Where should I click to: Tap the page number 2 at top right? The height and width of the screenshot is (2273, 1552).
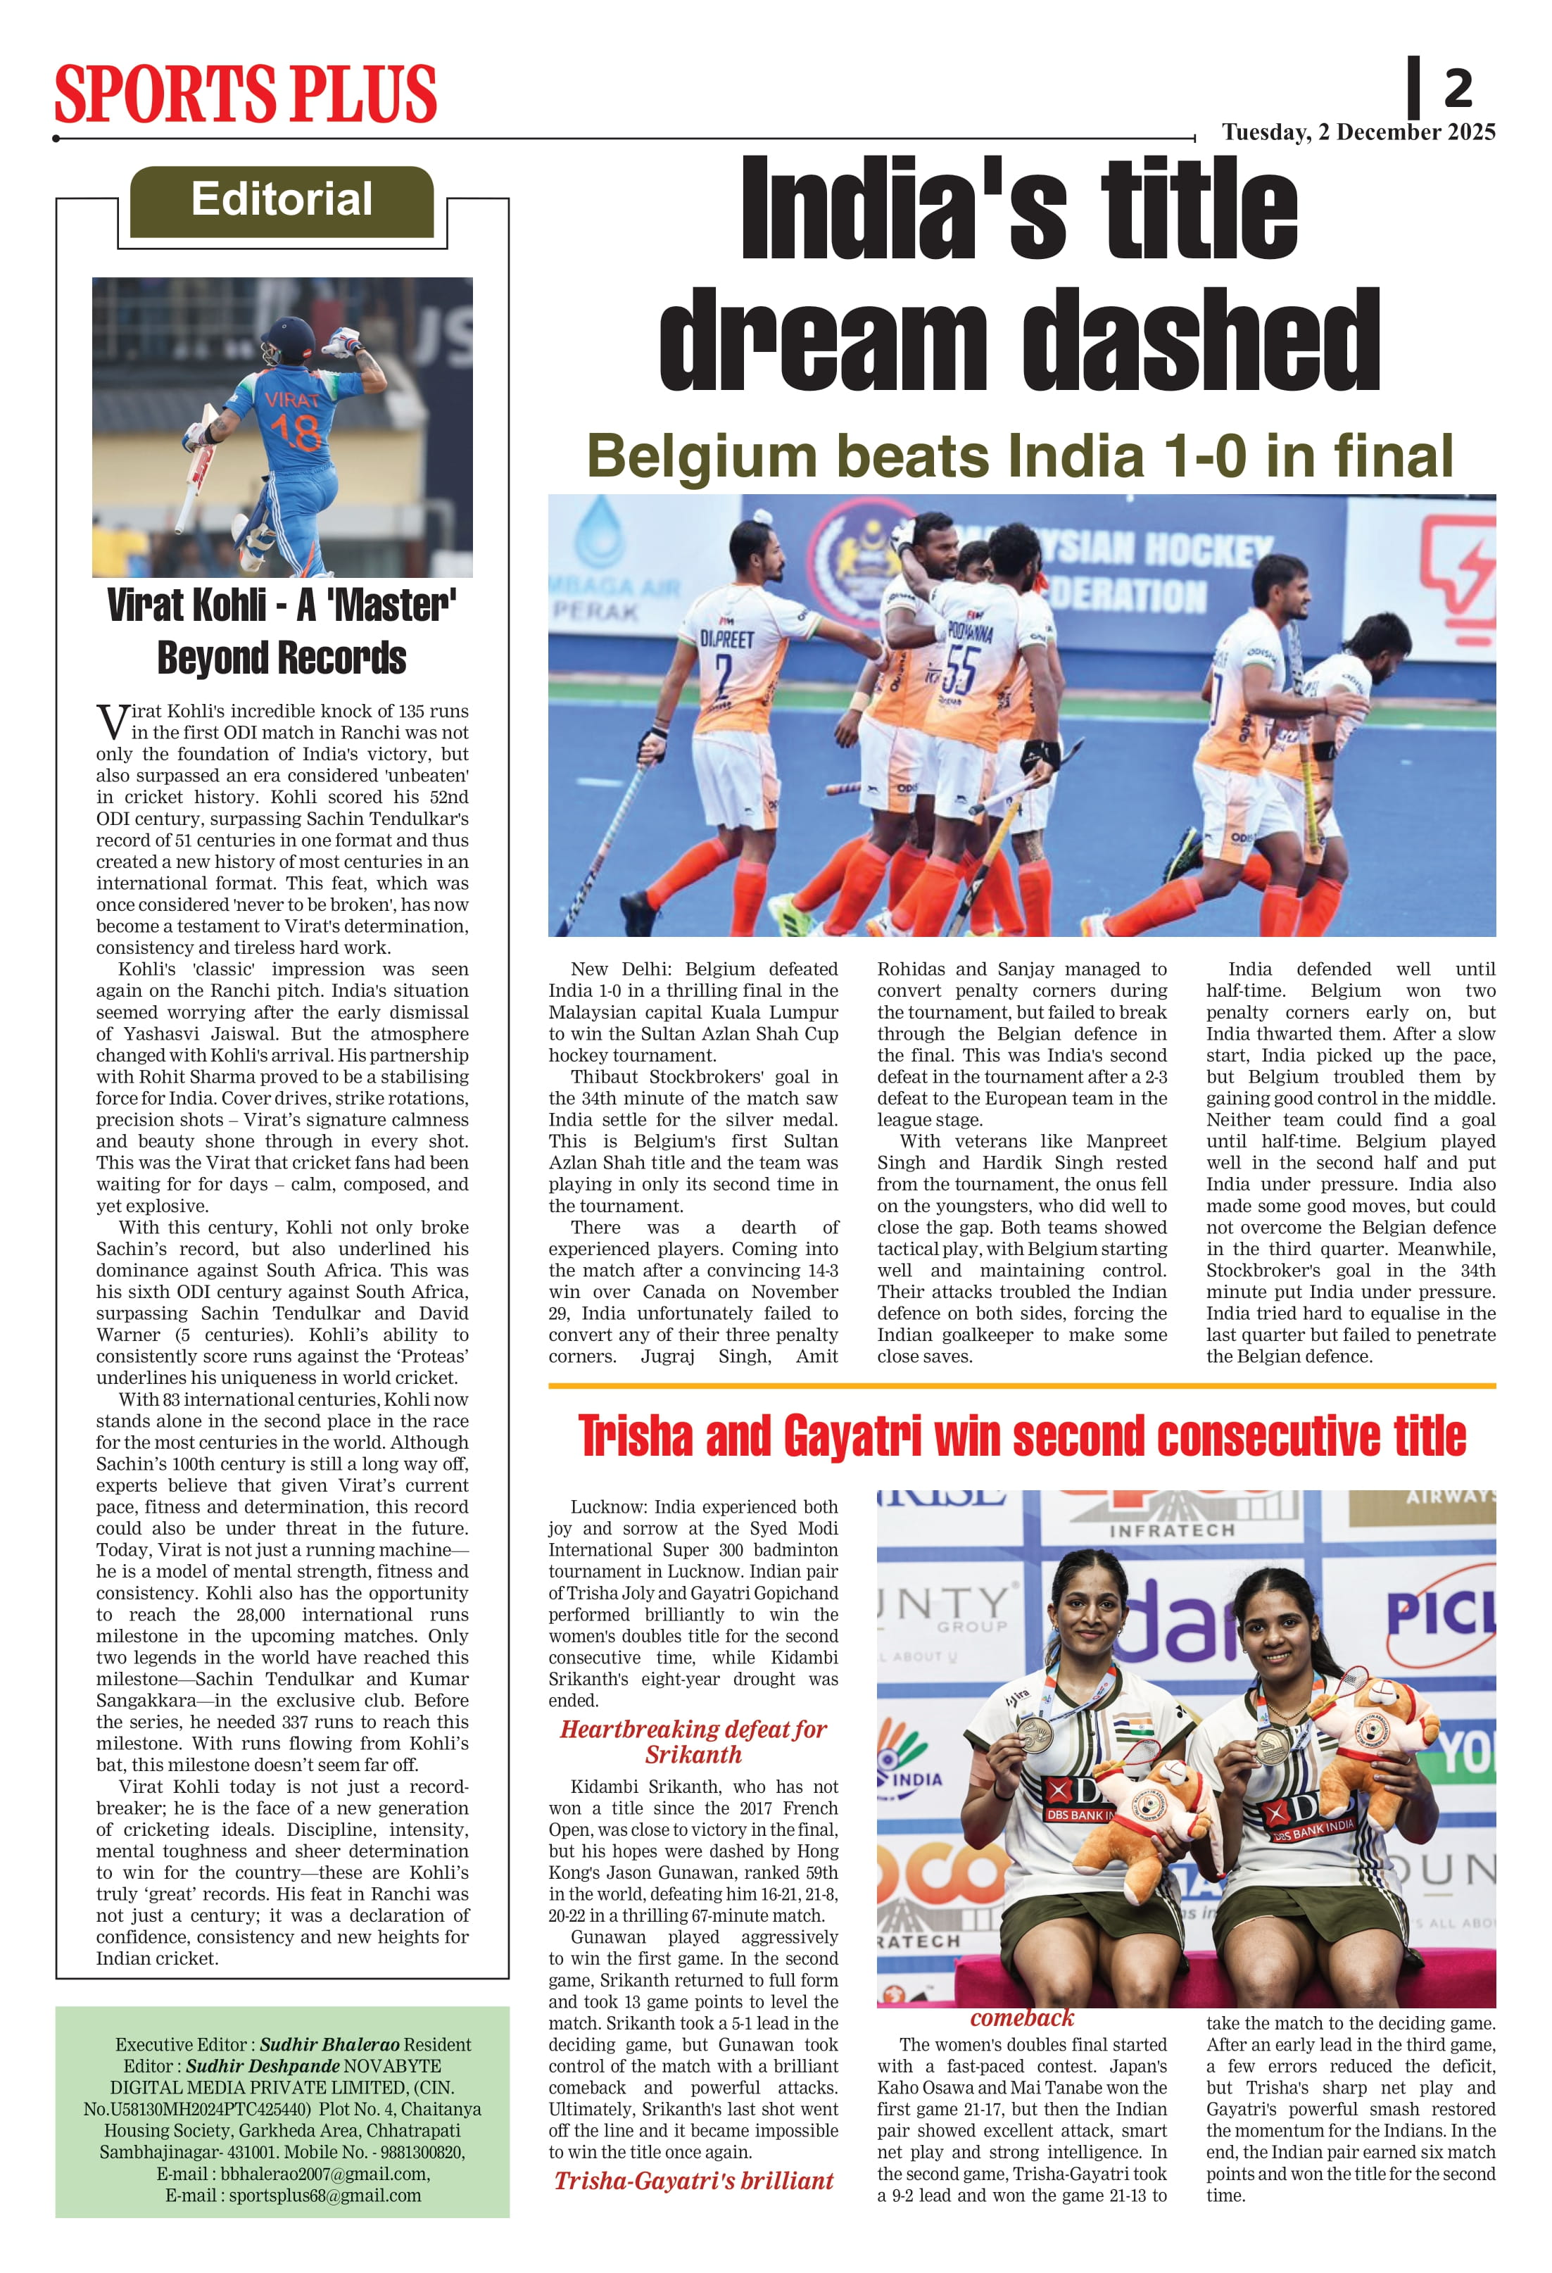click(1457, 88)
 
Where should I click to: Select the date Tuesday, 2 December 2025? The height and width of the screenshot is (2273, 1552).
click(1358, 132)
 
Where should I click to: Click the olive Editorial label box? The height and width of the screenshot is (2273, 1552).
click(282, 201)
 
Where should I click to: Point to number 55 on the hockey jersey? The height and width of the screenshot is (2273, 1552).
click(959, 671)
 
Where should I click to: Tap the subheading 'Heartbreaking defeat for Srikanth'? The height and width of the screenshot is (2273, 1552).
click(693, 1741)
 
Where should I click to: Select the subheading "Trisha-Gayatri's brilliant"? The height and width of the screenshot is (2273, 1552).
click(693, 2180)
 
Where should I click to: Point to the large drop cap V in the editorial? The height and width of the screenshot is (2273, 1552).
click(111, 721)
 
